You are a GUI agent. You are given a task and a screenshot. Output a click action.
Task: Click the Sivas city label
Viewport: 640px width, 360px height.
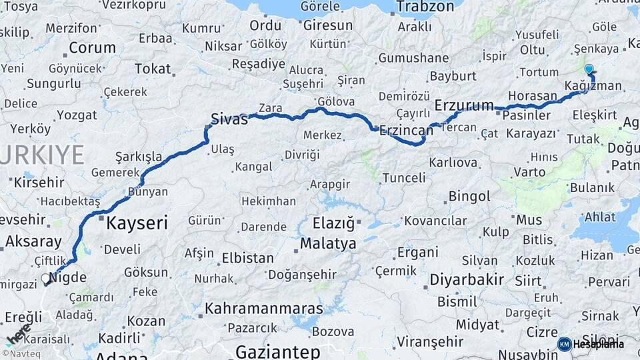(229, 119)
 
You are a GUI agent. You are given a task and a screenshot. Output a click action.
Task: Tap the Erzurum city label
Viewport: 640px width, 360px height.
(464, 105)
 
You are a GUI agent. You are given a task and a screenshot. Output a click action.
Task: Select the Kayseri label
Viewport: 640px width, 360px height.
(137, 223)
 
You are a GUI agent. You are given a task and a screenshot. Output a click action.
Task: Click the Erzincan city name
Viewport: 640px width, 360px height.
(406, 131)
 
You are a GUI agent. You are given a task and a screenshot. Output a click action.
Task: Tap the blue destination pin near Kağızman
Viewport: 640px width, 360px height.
(589, 69)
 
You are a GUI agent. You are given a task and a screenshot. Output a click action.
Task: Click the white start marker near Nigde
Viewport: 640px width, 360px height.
(45, 279)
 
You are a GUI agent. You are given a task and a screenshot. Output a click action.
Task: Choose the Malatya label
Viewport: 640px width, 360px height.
(328, 243)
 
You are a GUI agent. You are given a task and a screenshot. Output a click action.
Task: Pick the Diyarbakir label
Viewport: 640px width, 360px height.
(466, 279)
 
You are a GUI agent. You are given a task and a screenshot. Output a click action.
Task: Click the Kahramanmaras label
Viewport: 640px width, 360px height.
(263, 309)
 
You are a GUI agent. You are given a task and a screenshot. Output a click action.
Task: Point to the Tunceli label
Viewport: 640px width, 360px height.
(404, 178)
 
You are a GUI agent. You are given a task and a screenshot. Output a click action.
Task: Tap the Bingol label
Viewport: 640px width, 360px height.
(469, 197)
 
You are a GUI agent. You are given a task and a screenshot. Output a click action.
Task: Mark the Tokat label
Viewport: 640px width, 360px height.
(153, 69)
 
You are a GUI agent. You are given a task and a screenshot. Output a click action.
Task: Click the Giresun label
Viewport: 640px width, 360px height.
(327, 25)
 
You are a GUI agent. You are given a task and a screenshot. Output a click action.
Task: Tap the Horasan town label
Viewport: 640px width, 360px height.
(532, 96)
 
